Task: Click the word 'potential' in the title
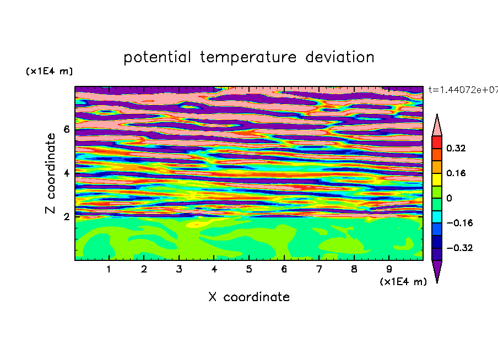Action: coord(157,58)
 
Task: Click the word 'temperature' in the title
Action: coord(248,58)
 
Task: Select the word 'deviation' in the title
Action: coord(340,57)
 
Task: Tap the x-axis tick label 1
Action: coord(109,269)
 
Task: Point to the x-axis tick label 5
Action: coord(249,269)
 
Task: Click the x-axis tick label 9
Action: coord(389,269)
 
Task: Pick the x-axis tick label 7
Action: coord(319,269)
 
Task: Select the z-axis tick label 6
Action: coord(66,129)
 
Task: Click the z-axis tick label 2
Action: coord(66,217)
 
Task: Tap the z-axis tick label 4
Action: coord(66,173)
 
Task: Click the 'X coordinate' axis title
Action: coord(249,297)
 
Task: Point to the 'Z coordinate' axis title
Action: coord(51,173)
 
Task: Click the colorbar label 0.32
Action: coord(456,148)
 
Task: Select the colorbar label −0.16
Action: coord(459,223)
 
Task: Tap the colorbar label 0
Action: coord(449,198)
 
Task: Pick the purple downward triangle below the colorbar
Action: coord(437,271)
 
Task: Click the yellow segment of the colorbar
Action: coord(437,179)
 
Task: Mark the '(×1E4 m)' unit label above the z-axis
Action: coord(49,71)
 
